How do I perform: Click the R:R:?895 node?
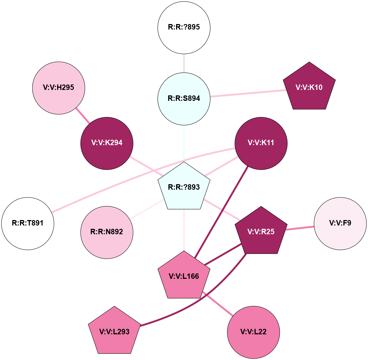coord(184,27)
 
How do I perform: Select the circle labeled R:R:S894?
coord(184,99)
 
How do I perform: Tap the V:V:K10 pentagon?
coord(309,87)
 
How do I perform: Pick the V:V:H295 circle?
coord(59,88)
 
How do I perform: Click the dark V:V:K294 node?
coord(107,143)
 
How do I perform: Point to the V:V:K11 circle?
coord(261,143)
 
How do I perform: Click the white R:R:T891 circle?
coord(28,223)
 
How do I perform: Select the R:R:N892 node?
coord(107,232)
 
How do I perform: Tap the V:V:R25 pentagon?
coord(261,232)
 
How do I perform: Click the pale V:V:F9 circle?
coord(340,223)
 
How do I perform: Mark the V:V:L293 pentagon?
coord(115,332)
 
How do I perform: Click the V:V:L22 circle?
coord(253,332)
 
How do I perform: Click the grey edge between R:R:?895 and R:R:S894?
coord(184,63)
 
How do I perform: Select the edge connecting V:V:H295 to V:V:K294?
coord(83,115)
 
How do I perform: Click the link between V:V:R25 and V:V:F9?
coord(300,228)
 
